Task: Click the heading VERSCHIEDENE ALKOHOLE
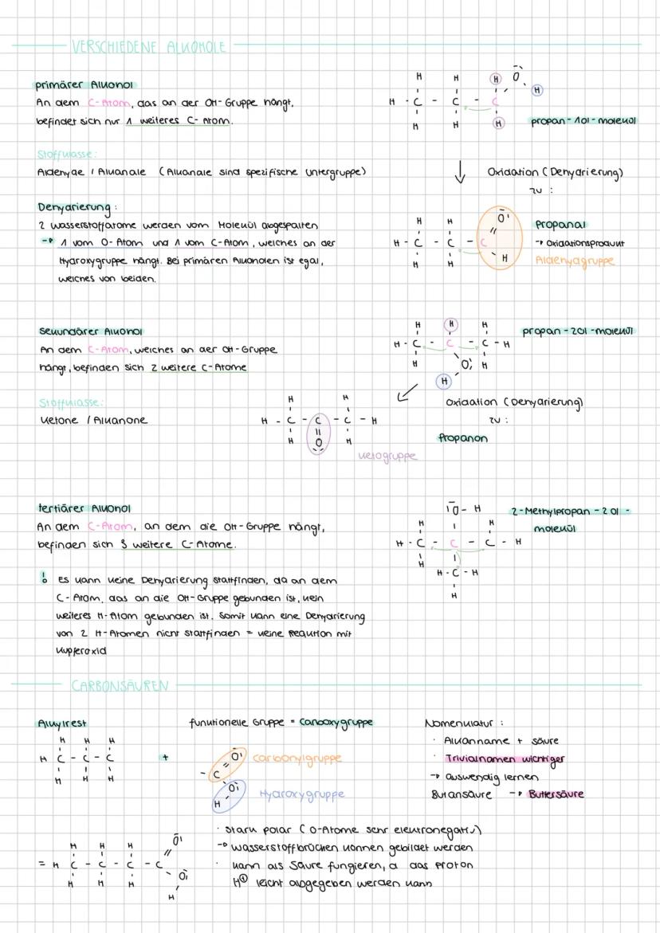click(x=149, y=47)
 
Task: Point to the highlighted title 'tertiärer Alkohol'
click(x=84, y=508)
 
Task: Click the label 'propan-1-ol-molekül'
click(x=585, y=121)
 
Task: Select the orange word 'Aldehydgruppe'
click(x=576, y=261)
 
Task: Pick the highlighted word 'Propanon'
click(x=463, y=437)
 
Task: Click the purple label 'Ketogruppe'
click(x=387, y=457)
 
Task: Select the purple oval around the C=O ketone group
click(x=319, y=433)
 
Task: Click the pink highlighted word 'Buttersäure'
click(x=556, y=794)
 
